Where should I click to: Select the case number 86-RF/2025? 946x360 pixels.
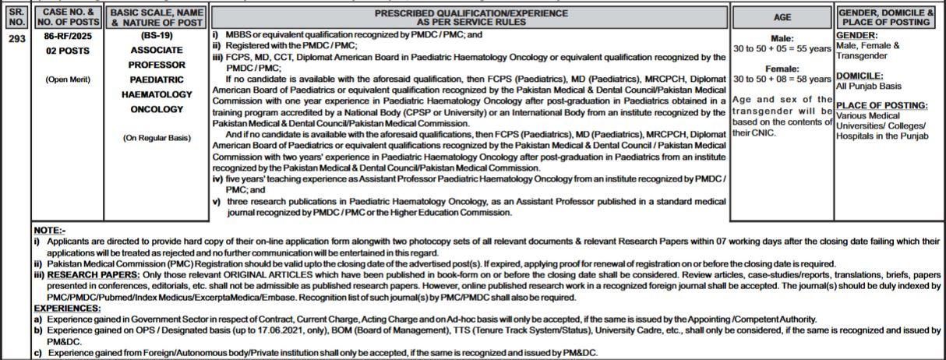point(68,36)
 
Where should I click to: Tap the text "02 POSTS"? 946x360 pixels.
point(68,51)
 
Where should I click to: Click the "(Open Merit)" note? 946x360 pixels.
point(68,79)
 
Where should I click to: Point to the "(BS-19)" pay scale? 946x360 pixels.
point(157,36)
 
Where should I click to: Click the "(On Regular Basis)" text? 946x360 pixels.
point(157,138)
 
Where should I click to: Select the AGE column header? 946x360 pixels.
point(782,17)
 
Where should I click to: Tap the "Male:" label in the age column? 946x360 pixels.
point(782,38)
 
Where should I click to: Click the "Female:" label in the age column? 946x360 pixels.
point(782,69)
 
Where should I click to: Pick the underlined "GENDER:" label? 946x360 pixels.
point(856,36)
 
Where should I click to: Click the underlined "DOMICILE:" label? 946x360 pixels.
point(860,76)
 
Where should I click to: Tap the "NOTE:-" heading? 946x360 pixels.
point(50,231)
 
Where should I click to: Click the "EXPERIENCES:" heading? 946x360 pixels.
point(67,309)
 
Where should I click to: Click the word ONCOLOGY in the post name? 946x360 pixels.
point(157,109)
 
